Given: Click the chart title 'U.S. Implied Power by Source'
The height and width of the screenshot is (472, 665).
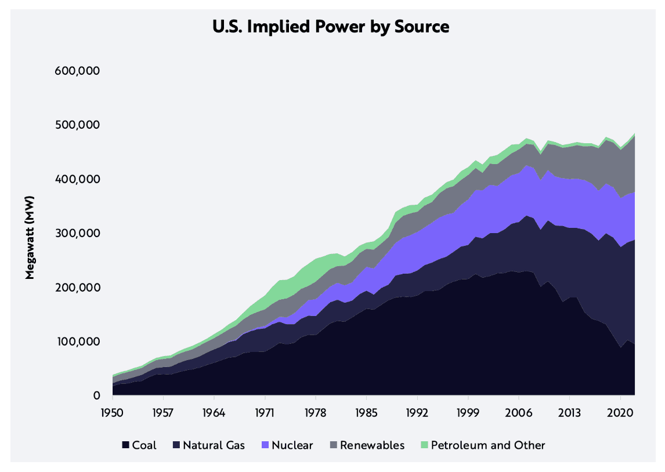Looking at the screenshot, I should click(x=331, y=27).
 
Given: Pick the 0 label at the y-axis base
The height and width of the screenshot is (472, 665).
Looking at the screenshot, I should click(x=97, y=395).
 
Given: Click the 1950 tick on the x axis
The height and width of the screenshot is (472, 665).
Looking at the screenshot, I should click(x=113, y=415).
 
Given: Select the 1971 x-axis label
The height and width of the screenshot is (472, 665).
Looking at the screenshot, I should click(x=265, y=415).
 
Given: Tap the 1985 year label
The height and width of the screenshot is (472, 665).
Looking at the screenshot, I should click(x=366, y=415).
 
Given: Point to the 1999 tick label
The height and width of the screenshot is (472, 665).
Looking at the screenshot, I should click(x=468, y=415).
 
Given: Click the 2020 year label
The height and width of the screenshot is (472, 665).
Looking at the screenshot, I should click(x=620, y=415).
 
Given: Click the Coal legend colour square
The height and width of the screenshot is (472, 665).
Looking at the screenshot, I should click(x=125, y=445).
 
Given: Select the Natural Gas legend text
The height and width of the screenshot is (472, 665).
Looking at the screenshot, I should click(x=214, y=445).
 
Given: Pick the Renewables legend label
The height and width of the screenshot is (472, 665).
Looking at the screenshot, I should click(x=372, y=445).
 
